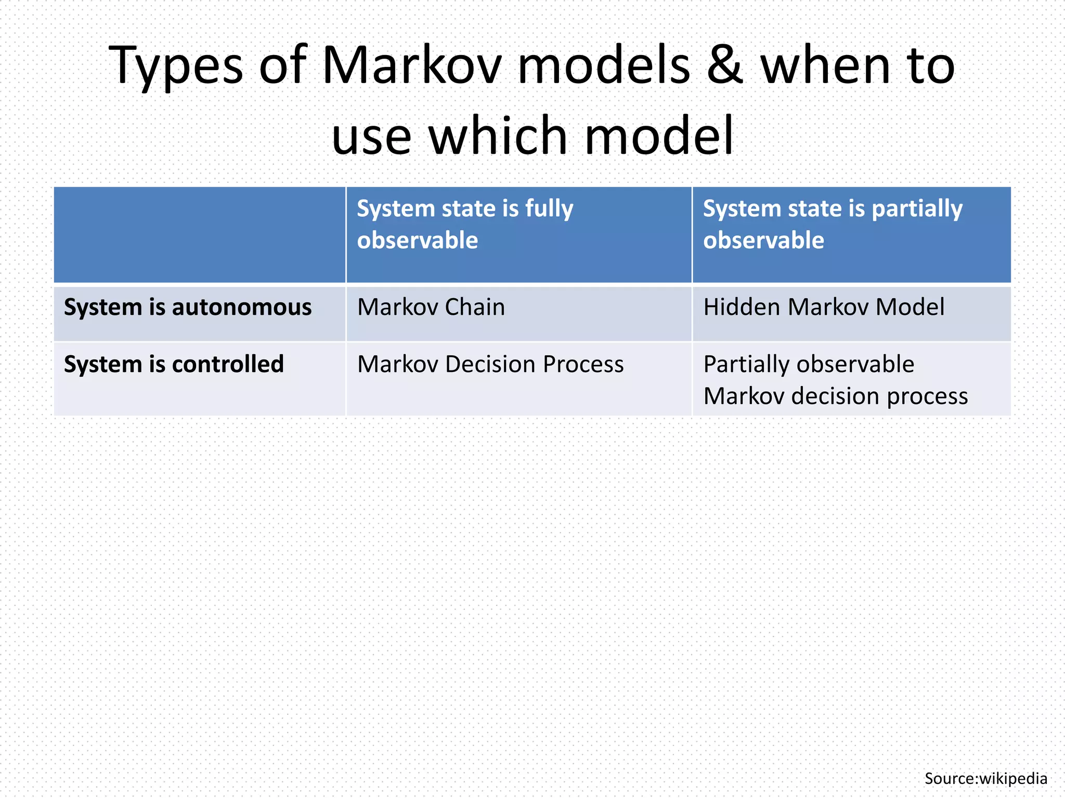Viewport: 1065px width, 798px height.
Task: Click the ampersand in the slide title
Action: click(724, 66)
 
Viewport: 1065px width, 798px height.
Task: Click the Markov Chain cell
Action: click(431, 307)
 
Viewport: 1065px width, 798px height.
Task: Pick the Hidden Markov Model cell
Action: click(824, 307)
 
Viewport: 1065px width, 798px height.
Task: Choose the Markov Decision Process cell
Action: click(490, 364)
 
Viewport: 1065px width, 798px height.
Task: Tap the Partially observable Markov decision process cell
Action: click(835, 380)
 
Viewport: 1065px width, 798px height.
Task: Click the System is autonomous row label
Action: click(188, 307)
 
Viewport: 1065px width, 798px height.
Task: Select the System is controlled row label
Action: click(174, 364)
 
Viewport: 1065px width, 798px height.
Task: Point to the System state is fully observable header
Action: click(465, 224)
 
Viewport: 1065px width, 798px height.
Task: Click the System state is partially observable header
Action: click(833, 224)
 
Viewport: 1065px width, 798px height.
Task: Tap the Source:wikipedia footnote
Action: click(985, 778)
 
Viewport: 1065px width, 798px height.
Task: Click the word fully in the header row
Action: click(549, 209)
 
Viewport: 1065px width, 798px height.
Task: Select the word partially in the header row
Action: click(917, 209)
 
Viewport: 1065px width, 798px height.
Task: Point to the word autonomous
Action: click(242, 307)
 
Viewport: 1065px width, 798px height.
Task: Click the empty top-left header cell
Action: click(200, 235)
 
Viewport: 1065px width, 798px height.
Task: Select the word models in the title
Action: click(604, 66)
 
